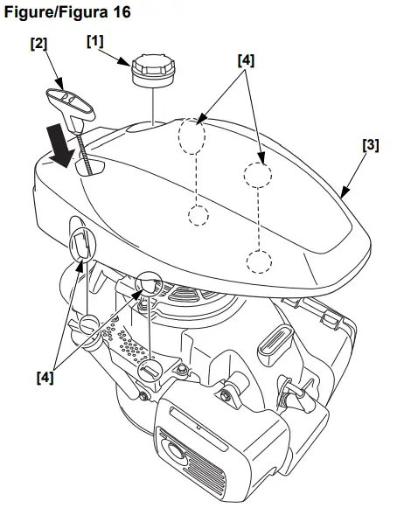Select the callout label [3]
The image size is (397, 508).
[x=370, y=145]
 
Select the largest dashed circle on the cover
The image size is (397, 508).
[x=192, y=136]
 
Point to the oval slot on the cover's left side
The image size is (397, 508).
[x=81, y=244]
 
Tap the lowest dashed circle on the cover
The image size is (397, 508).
[x=259, y=259]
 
